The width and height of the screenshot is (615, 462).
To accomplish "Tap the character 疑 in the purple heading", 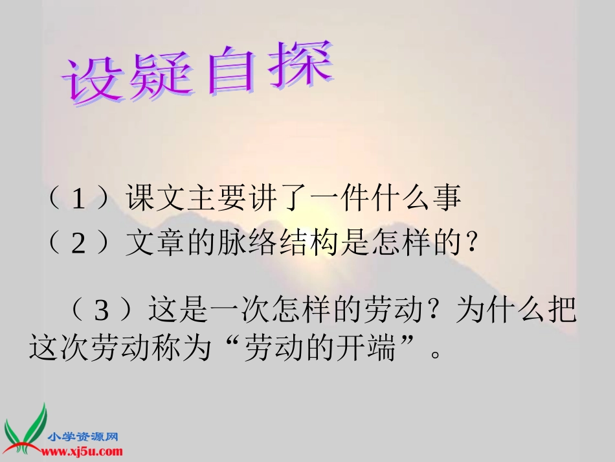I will click(161, 80).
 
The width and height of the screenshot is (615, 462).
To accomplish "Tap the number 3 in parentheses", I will click(101, 312).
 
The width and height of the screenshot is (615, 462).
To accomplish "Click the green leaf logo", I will click(24, 429).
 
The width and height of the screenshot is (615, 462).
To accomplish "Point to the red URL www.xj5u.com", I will click(83, 451).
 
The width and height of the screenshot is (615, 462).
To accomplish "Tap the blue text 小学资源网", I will click(82, 437).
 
